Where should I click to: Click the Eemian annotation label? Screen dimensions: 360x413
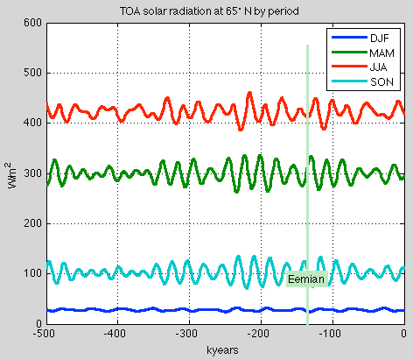pyautogui.click(x=307, y=279)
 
